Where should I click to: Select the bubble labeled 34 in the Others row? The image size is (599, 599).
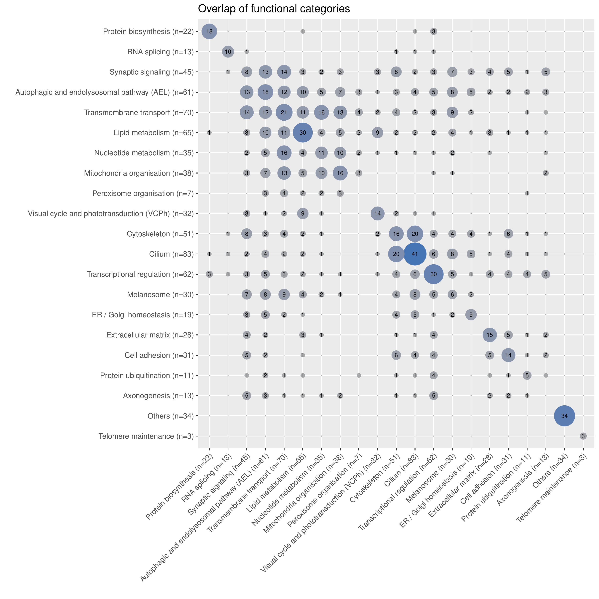pos(564,416)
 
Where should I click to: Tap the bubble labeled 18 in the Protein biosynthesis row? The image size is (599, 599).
pos(209,31)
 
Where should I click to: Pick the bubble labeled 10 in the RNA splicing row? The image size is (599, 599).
pos(228,52)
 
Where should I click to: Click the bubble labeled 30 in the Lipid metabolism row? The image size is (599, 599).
pos(303,133)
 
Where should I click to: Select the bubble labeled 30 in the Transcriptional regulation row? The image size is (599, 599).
pos(433,274)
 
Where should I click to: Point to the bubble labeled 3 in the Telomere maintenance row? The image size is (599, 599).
pos(583,436)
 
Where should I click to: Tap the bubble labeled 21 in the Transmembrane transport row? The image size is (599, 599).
pos(284,112)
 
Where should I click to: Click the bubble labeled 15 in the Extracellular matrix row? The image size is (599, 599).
pos(490,335)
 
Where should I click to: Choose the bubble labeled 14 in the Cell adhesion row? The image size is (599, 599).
pos(508,355)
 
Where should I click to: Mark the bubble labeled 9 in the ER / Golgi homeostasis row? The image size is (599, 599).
pos(471,315)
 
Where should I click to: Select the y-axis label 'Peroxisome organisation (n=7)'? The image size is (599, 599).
pos(143,193)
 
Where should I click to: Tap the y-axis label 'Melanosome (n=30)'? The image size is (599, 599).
pos(160,295)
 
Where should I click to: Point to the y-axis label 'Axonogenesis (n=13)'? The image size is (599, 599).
pos(158,396)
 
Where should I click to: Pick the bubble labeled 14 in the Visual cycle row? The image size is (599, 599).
pos(377,214)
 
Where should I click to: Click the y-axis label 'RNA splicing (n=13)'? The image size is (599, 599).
pos(160,52)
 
